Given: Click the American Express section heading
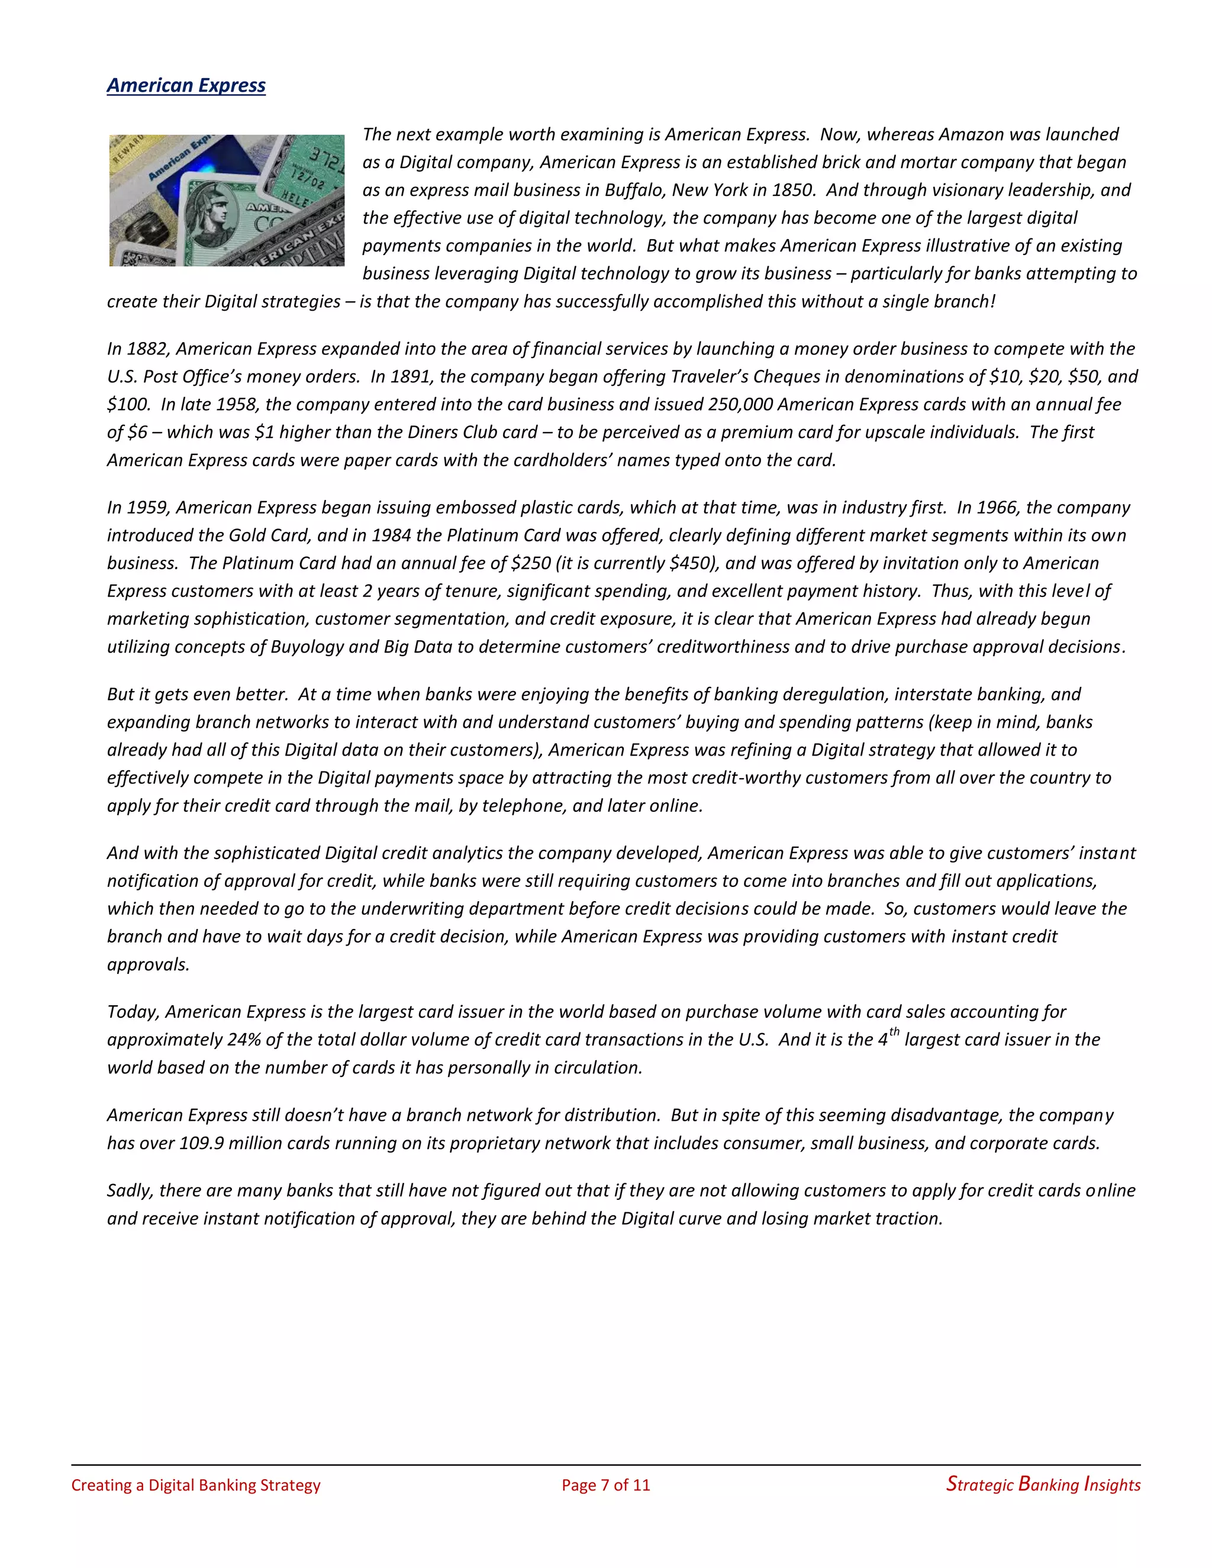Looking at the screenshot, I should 186,85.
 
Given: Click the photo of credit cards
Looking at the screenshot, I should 227,201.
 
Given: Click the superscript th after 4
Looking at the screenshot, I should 894,1033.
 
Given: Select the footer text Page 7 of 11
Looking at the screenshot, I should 605,1485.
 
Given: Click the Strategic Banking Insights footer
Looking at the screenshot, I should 1043,1485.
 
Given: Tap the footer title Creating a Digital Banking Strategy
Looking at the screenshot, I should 195,1485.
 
